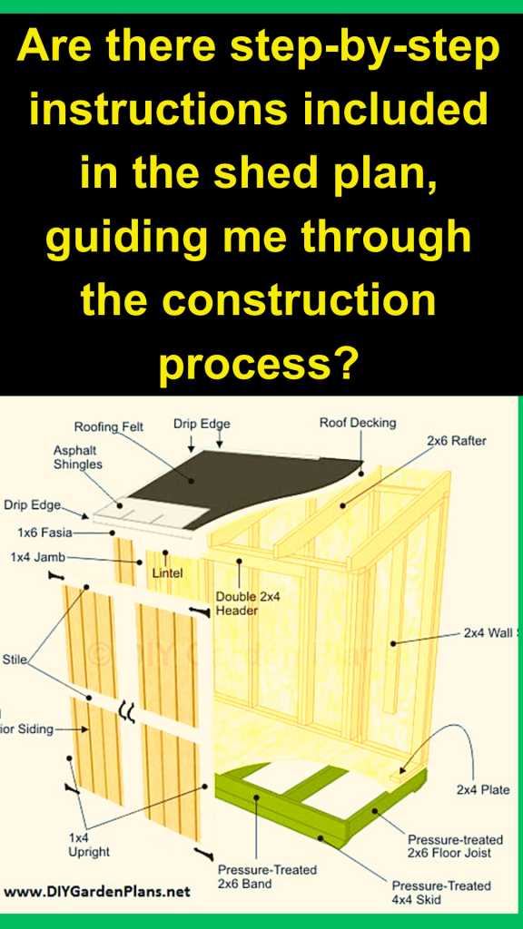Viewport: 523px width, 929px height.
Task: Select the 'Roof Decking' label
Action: [x=358, y=423]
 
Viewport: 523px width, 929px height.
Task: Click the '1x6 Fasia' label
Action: [x=44, y=533]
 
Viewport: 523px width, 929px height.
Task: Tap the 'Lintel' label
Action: [x=168, y=572]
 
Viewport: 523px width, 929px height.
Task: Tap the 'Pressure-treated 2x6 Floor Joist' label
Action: [x=449, y=846]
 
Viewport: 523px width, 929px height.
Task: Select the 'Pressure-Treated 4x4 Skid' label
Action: [x=441, y=893]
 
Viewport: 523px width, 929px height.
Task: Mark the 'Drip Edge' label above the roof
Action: [x=202, y=424]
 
